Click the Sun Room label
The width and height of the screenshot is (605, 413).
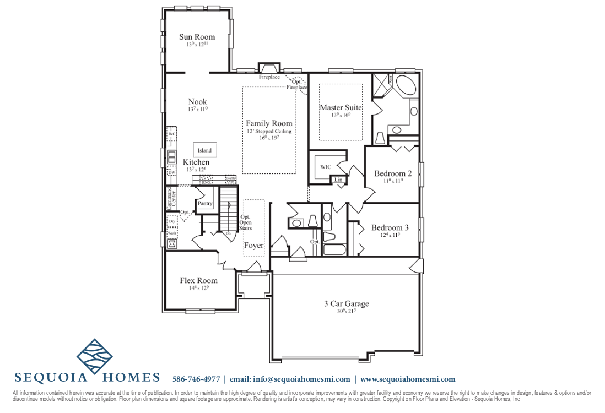[x=197, y=37]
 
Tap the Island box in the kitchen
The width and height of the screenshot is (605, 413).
[x=204, y=150]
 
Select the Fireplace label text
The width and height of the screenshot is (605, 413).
[x=269, y=77]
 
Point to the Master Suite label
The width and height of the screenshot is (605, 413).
[x=341, y=107]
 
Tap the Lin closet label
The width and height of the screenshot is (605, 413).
[x=338, y=180]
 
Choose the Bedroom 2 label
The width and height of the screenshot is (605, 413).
[x=393, y=173]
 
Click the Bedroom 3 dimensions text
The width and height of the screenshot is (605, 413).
[x=390, y=235]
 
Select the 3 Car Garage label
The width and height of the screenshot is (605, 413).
[x=346, y=303]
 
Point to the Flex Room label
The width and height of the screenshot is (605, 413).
[x=198, y=280]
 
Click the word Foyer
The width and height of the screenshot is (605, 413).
[x=253, y=246]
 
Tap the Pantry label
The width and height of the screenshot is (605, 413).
[x=205, y=204]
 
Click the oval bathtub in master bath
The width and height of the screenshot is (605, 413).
[x=407, y=86]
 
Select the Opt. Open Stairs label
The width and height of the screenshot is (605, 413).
[x=246, y=222]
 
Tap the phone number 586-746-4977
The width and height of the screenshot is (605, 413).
[x=196, y=379]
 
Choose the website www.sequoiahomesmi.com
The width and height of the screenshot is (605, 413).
[x=408, y=379]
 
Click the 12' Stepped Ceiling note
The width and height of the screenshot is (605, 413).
[x=269, y=132]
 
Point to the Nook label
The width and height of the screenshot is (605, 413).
[x=197, y=101]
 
